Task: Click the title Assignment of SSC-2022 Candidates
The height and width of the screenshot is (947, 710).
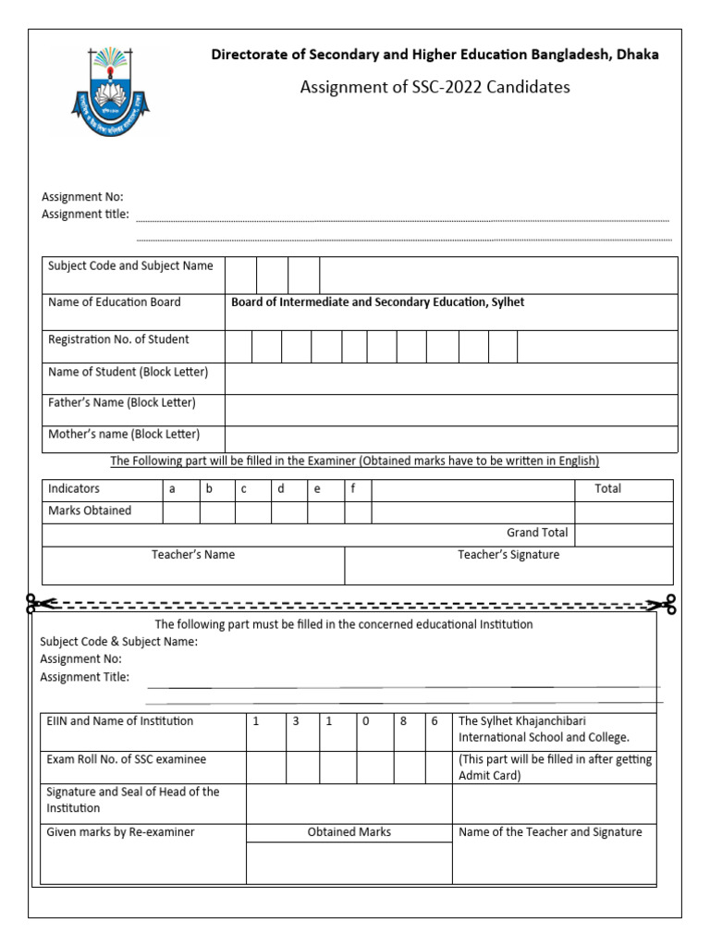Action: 435,88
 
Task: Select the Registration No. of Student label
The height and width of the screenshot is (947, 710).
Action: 118,339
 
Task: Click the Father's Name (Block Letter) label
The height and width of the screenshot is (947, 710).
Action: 122,403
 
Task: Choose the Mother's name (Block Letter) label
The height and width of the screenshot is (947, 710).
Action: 124,434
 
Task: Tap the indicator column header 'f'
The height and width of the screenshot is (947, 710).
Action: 353,488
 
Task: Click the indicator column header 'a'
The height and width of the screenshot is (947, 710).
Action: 171,488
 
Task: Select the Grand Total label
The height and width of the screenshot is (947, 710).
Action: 537,533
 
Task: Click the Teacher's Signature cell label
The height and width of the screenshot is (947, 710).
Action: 508,555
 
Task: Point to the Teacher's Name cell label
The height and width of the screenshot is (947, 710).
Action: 193,555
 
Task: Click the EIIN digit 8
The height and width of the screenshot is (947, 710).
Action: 403,720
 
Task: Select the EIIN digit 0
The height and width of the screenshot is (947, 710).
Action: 366,720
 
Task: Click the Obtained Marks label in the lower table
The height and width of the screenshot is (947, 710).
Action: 349,832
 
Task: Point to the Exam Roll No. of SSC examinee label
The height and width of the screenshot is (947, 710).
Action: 127,759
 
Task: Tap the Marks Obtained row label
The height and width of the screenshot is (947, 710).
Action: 90,510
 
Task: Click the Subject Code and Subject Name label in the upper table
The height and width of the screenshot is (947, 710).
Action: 130,266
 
